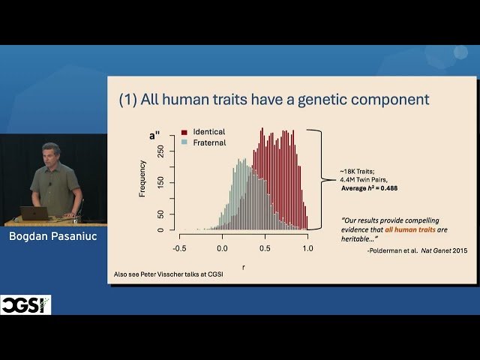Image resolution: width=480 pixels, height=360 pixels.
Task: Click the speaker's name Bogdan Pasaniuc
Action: pyautogui.click(x=52, y=236)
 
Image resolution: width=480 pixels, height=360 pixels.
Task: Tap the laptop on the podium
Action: pyautogui.click(x=34, y=213)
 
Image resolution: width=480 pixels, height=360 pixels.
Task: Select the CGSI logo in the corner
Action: pyautogui.click(x=25, y=304)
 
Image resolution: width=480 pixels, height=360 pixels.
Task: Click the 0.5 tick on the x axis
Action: pyautogui.click(x=265, y=247)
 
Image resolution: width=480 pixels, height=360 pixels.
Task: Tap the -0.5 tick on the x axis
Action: pyautogui.click(x=179, y=247)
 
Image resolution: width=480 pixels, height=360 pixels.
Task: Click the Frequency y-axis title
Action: pyautogui.click(x=142, y=179)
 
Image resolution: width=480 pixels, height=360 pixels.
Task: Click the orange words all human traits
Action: pyautogui.click(x=411, y=230)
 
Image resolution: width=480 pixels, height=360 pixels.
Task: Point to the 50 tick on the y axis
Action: pyautogui.click(x=160, y=214)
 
